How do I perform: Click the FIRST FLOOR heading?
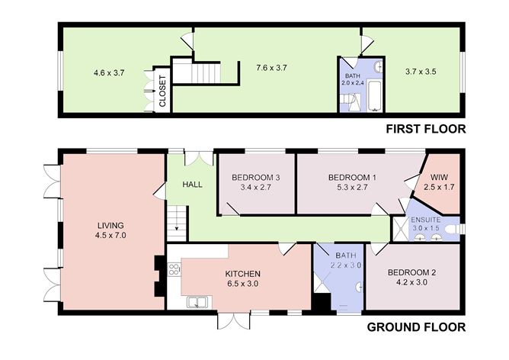(426, 129)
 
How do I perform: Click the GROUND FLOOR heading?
(416, 327)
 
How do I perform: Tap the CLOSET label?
(162, 91)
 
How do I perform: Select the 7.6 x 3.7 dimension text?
(271, 68)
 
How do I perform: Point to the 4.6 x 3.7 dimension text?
(109, 72)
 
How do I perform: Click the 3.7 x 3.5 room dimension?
(421, 72)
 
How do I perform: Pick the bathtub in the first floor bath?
(376, 96)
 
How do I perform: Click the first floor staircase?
(206, 73)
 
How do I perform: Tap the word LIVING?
(110, 225)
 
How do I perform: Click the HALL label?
(193, 185)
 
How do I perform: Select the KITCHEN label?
(243, 274)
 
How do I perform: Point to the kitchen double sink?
(197, 302)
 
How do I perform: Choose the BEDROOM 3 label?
(256, 178)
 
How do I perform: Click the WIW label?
(439, 178)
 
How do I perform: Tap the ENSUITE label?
(426, 220)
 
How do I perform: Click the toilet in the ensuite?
(453, 229)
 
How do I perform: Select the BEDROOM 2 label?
(411, 272)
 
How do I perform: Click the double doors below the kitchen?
(234, 320)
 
